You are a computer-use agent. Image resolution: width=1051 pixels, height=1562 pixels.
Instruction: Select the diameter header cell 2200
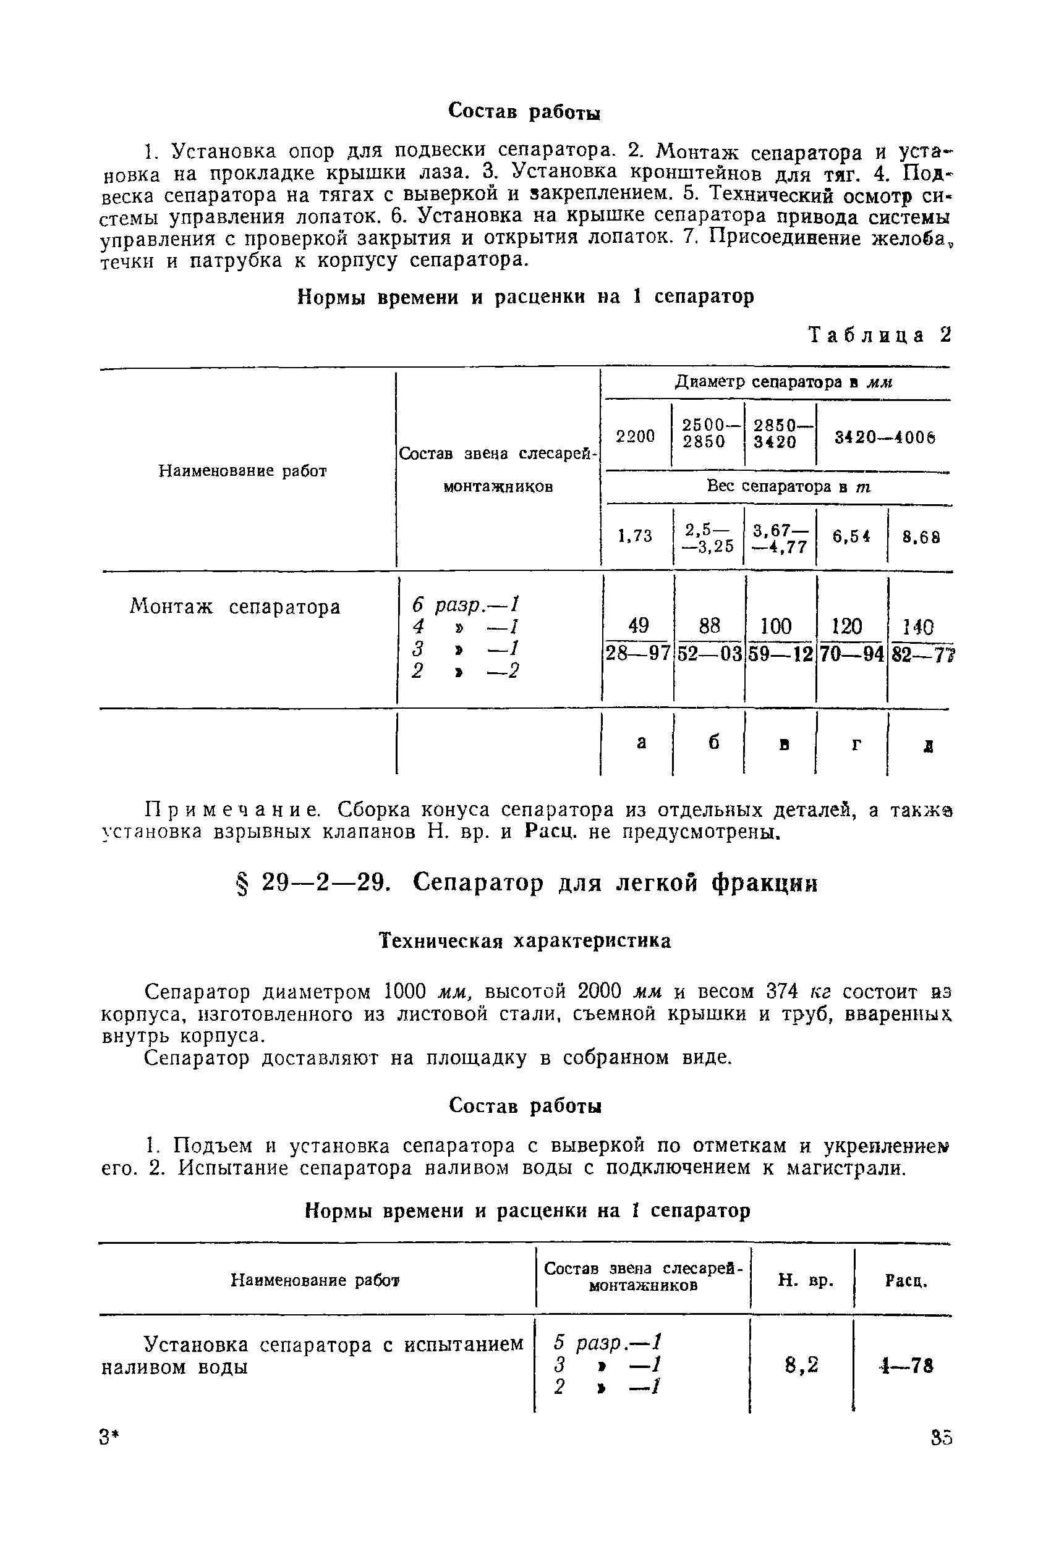pyautogui.click(x=636, y=437)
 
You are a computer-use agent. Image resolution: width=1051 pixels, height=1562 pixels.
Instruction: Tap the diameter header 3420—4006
pyautogui.click(x=884, y=437)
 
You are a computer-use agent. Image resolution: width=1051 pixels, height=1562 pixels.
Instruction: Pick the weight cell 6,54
pyautogui.click(x=851, y=536)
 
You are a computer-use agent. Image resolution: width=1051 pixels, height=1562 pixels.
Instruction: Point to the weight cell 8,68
pyautogui.click(x=921, y=536)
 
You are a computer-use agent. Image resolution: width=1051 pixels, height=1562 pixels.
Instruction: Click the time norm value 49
pyautogui.click(x=638, y=626)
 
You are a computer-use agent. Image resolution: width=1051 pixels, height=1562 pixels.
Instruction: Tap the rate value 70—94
pyautogui.click(x=852, y=653)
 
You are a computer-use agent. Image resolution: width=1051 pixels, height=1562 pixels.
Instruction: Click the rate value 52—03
pyautogui.click(x=709, y=653)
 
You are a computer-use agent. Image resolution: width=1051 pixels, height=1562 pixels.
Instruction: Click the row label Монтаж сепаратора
pyautogui.click(x=234, y=607)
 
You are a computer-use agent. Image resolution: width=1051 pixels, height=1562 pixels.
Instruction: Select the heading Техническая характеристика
pyautogui.click(x=525, y=940)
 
